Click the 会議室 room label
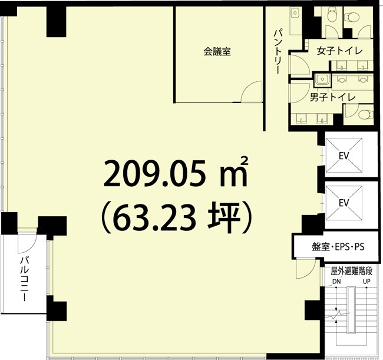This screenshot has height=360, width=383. [x=217, y=51]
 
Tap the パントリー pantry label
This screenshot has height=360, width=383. [x=278, y=51]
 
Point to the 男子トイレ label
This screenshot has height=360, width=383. [x=332, y=97]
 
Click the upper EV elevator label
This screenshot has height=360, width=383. [x=344, y=156]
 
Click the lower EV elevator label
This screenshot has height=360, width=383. [x=344, y=203]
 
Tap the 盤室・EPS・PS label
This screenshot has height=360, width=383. [x=338, y=247]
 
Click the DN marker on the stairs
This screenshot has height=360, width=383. [x=336, y=282]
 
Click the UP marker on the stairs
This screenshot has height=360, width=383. [x=367, y=282]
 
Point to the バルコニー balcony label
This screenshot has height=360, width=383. [x=25, y=278]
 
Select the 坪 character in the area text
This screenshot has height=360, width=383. [x=222, y=217]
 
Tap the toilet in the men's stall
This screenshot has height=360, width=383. [x=366, y=114]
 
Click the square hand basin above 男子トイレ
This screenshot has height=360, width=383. [x=322, y=79]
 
